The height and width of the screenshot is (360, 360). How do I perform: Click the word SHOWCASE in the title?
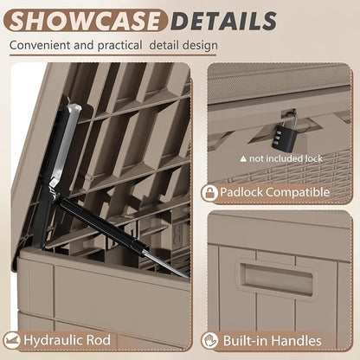(85, 21)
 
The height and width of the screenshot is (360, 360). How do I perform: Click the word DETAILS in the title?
(225, 21)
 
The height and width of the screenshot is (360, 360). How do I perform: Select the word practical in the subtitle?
(119, 46)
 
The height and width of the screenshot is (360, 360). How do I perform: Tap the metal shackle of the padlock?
(288, 119)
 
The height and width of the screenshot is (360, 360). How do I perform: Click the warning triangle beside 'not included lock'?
(243, 158)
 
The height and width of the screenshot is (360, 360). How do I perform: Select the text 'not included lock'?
(286, 158)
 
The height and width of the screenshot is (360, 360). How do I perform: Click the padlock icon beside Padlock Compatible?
(209, 193)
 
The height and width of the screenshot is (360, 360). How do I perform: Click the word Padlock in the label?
(241, 192)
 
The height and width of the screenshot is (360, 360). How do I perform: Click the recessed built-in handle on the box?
(276, 278)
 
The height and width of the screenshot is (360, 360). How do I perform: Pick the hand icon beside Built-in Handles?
(209, 340)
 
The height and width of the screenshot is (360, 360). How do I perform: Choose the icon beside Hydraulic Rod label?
(12, 340)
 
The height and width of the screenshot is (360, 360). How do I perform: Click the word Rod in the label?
(99, 340)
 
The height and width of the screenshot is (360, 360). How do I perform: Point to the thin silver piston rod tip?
(188, 277)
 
